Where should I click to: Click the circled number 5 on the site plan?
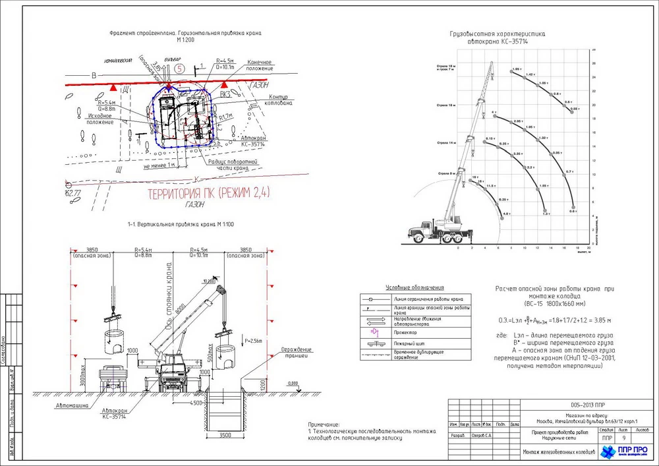(180, 68)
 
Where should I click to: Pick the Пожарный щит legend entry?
(408, 343)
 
